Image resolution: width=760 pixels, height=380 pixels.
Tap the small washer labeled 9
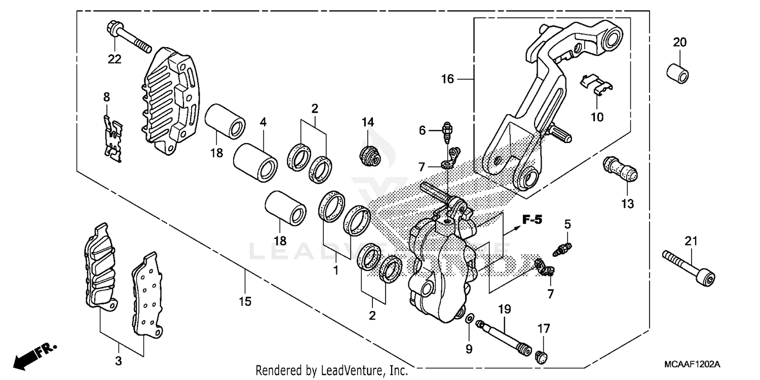469,319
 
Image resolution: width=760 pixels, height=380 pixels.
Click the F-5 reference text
532,220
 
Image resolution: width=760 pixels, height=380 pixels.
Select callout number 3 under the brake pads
120,362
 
